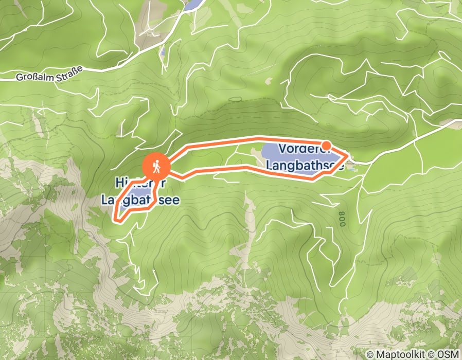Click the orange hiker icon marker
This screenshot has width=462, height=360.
[x=155, y=166]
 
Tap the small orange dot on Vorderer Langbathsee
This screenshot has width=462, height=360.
[x=326, y=146]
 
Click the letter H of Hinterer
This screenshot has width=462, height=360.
[x=119, y=183]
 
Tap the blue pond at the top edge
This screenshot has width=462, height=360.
[x=193, y=5]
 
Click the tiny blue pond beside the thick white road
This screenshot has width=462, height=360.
[x=162, y=52]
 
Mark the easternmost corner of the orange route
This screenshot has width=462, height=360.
[x=349, y=154]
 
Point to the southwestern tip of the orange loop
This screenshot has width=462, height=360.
[x=115, y=220]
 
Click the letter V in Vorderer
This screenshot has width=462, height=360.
[x=281, y=149]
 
